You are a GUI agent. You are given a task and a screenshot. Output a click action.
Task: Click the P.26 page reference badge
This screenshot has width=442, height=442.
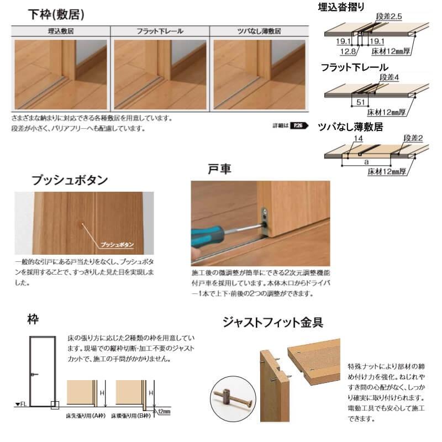click(x=298, y=125)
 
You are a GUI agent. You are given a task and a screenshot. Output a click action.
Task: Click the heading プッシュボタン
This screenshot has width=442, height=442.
click(x=70, y=180)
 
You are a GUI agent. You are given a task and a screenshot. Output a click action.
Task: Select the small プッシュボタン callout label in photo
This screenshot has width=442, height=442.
click(x=118, y=243)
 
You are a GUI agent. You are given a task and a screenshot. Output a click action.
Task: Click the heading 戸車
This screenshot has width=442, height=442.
click(x=217, y=169)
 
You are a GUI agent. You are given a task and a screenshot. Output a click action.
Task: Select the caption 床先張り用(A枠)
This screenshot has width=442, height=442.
click(x=87, y=415)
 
